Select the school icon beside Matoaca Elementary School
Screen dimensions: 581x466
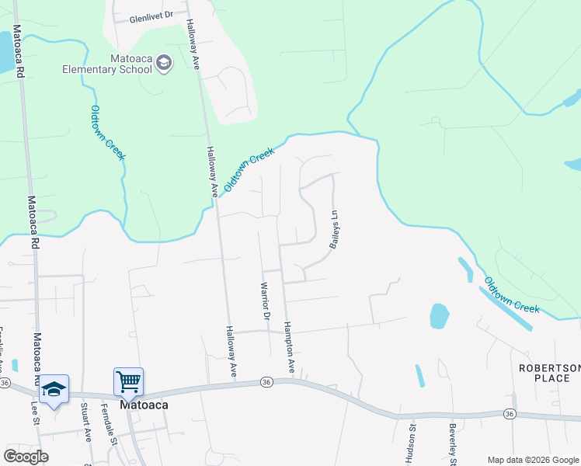pyautogui.click(x=164, y=62)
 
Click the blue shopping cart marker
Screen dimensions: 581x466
pyautogui.click(x=128, y=381)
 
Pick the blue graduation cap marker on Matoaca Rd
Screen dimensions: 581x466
pyautogui.click(x=54, y=388)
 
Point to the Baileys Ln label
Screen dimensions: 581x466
pyautogui.click(x=336, y=231)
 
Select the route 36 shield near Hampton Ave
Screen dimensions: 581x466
pyautogui.click(x=266, y=382)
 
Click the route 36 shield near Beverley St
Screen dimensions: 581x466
pyautogui.click(x=509, y=413)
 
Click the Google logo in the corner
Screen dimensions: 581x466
pyautogui.click(x=26, y=456)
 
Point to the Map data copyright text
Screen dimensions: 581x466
pyautogui.click(x=533, y=460)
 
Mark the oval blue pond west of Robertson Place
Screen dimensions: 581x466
pyautogui.click(x=439, y=315)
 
